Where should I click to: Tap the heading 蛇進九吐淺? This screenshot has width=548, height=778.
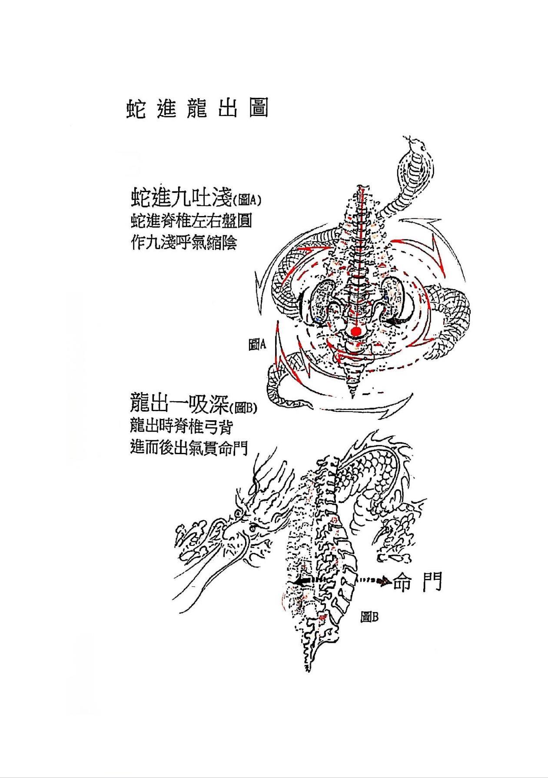pyautogui.click(x=182, y=199)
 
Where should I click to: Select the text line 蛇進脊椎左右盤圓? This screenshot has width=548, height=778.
pyautogui.click(x=191, y=222)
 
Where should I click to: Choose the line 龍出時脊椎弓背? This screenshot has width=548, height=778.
pyautogui.click(x=181, y=426)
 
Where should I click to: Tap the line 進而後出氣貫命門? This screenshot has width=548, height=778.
pyautogui.click(x=189, y=447)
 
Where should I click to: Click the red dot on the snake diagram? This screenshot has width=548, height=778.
pyautogui.click(x=356, y=332)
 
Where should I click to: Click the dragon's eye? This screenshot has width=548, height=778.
pyautogui.click(x=253, y=529)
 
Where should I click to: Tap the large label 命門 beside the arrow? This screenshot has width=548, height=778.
pyautogui.click(x=418, y=581)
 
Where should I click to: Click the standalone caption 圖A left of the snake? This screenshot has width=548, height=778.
pyautogui.click(x=257, y=345)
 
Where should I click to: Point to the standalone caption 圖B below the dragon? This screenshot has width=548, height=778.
pyautogui.click(x=370, y=617)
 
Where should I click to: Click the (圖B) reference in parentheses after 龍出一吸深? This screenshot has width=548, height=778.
pyautogui.click(x=244, y=408)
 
